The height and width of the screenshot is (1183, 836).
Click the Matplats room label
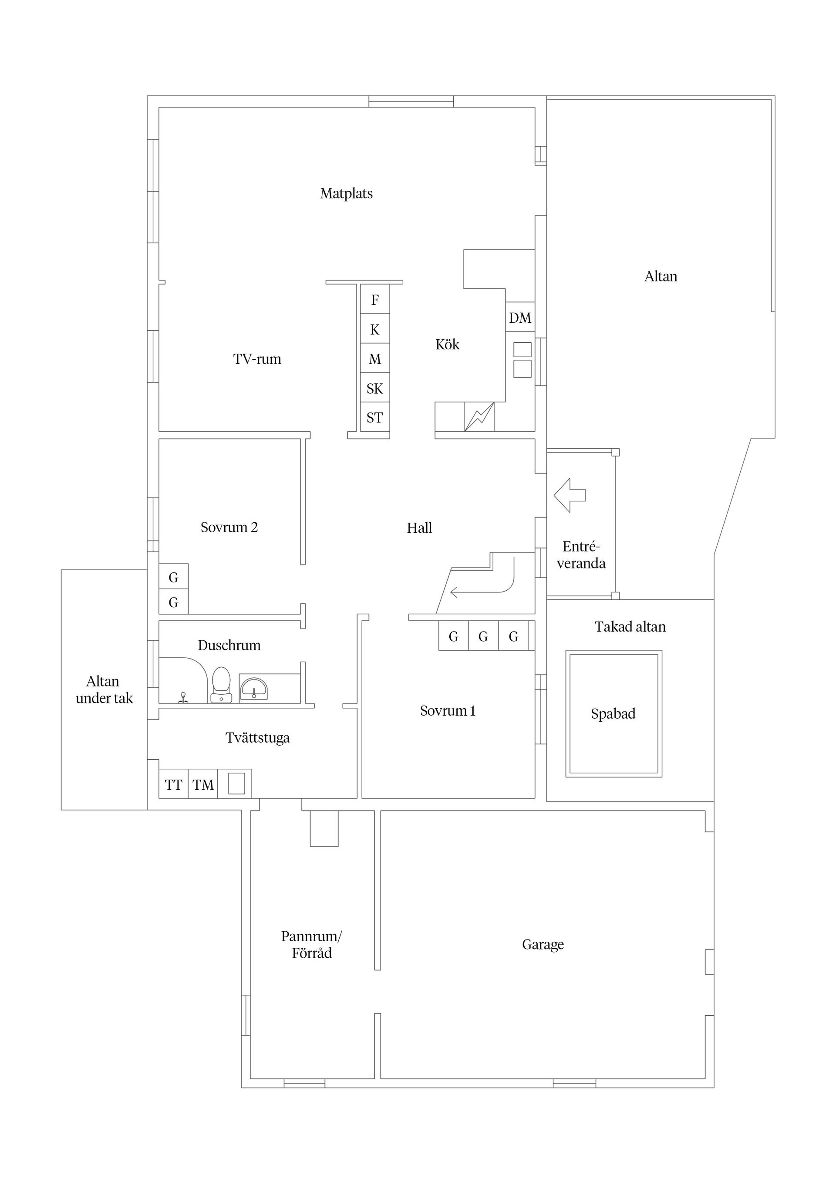[x=346, y=193]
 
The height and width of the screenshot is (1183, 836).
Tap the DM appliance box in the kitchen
[x=520, y=318]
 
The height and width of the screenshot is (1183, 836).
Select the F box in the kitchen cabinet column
[x=374, y=299]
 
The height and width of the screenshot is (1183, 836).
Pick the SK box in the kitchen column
[x=374, y=388]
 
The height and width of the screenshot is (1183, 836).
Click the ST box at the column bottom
[x=374, y=417]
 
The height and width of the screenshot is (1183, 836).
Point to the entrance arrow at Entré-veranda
[x=570, y=495]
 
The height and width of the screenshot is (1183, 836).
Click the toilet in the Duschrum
[x=222, y=685]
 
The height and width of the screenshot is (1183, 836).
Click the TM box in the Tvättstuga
[x=203, y=785]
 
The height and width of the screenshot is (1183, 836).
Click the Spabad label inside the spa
[x=613, y=713]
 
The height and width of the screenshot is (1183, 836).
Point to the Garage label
[x=543, y=944]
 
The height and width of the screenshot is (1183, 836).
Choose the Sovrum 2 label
[x=229, y=527]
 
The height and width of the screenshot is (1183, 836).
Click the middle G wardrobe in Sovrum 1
[x=483, y=636]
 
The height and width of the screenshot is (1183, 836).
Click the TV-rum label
[x=257, y=358]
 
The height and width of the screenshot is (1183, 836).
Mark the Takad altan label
[x=630, y=626]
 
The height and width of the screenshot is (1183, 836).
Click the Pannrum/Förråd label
[x=312, y=944]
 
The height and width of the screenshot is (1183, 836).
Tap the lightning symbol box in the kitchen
[x=479, y=416]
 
